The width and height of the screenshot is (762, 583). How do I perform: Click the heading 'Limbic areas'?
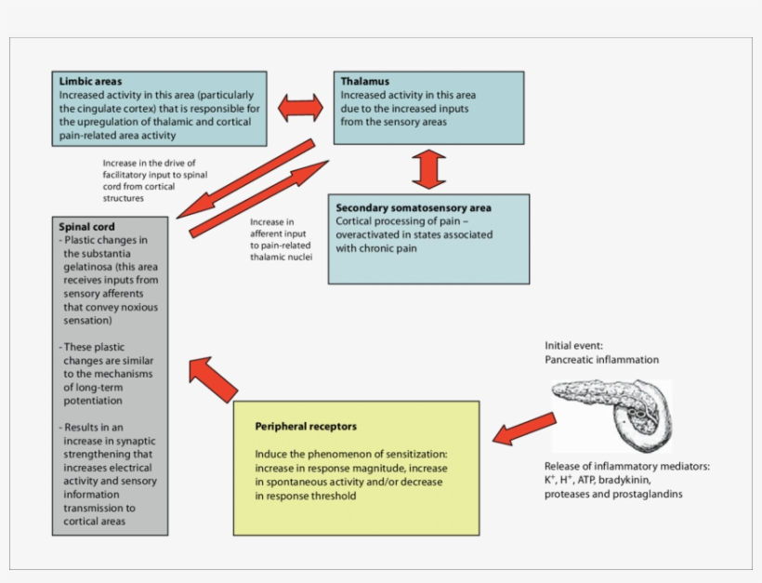[90, 82]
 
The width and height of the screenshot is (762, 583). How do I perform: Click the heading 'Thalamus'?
[364, 82]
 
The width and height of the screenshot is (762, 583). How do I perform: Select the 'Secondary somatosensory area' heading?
[414, 207]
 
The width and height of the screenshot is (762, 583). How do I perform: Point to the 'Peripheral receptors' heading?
[305, 427]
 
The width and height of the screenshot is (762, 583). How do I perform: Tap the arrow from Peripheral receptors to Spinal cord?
[212, 379]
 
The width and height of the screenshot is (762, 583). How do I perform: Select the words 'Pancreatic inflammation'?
[601, 359]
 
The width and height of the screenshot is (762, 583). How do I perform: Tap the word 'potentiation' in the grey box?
[94, 400]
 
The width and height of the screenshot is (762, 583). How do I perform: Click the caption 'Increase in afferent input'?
[275, 229]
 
